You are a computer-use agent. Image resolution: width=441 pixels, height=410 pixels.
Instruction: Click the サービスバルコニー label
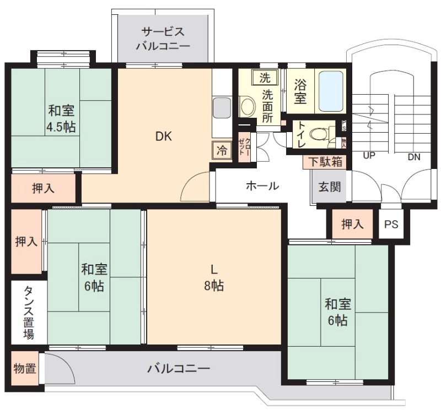coord(163,38)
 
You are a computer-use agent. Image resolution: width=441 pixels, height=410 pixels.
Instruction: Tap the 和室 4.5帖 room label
coord(61,119)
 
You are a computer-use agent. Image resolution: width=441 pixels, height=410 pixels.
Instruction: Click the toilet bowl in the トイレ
coord(318,134)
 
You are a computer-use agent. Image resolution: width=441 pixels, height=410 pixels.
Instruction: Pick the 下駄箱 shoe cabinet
coord(325,162)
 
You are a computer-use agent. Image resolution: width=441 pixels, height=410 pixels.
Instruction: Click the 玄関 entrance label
coord(330,186)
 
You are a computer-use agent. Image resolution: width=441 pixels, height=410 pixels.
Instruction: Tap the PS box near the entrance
coord(391,225)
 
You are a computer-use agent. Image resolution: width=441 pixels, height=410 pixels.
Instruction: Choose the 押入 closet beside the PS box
coord(352,224)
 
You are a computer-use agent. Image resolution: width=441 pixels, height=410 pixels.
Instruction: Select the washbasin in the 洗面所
coord(247,105)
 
